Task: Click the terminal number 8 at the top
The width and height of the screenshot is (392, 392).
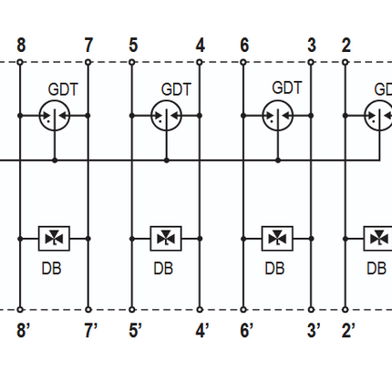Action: pos(21,45)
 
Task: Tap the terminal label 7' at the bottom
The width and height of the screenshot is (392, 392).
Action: pos(90,330)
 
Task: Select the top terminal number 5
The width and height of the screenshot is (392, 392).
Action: pos(133,45)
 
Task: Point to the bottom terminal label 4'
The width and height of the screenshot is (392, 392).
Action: pos(202,330)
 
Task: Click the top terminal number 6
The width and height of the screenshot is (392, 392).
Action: pos(244,45)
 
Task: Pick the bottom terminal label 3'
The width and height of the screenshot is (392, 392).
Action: pos(314,330)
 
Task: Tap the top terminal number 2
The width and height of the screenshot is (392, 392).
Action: pos(346,45)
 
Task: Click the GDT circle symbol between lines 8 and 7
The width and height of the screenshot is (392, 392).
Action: pos(55,116)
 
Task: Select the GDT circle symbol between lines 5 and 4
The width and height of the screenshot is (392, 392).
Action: pos(166,116)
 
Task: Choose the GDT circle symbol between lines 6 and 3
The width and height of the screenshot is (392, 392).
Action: pos(278,116)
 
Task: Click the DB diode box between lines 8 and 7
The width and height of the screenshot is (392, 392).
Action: pos(54,239)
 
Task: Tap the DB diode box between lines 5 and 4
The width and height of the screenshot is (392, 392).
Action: pos(166,239)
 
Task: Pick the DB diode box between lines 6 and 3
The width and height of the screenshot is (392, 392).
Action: pos(277,239)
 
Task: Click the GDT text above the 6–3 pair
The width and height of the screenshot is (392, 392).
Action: pos(287,88)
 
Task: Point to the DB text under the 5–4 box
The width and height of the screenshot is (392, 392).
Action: pos(163,269)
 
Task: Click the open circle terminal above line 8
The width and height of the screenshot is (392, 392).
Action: pos(20,63)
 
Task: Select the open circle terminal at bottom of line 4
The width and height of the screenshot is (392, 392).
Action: pos(200,310)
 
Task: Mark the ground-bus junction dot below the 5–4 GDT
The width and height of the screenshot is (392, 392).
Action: pos(167,160)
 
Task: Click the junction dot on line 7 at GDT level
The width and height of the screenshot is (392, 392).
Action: pos(88,116)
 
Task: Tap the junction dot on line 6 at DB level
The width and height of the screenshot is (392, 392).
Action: pos(243,239)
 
